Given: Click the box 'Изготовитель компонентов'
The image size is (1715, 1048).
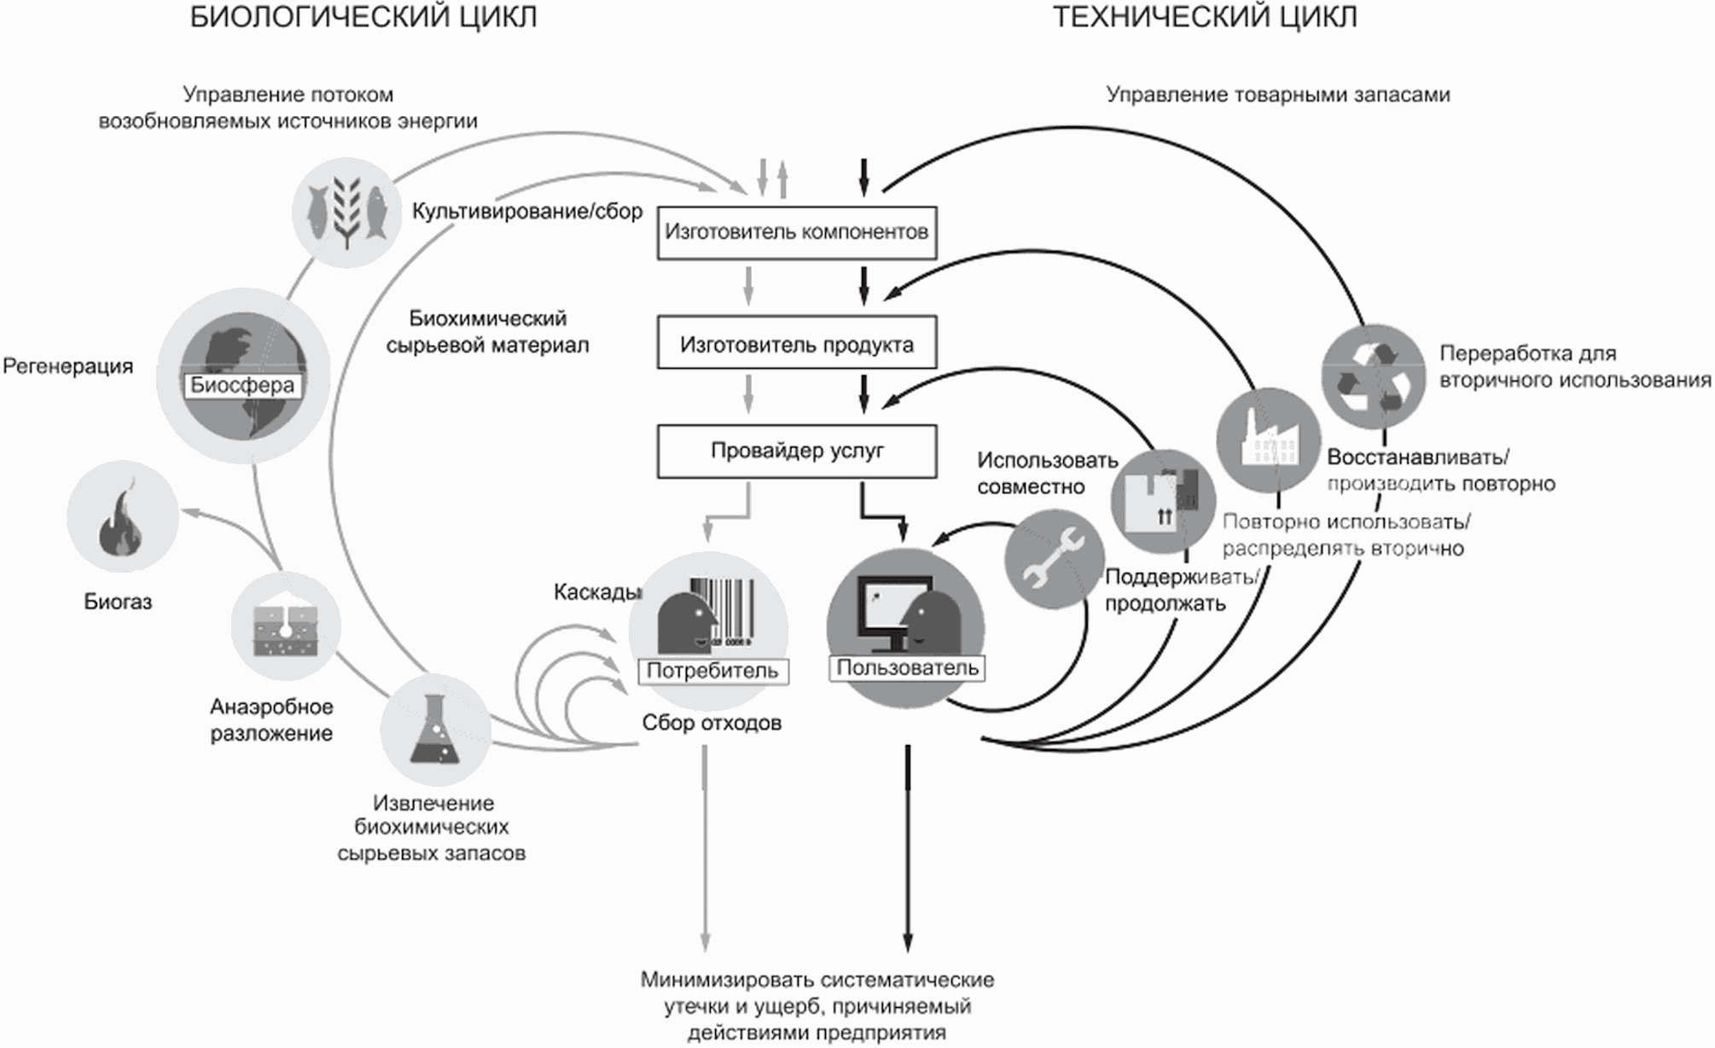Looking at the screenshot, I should coord(796,232).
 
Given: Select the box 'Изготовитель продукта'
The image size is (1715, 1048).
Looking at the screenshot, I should coord(796,344).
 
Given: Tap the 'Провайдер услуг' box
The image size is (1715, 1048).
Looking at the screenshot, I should coord(796,451).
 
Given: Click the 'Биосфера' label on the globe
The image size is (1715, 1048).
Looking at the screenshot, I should coord(242,385).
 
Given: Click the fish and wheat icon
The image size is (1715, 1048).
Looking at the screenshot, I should coord(346,213).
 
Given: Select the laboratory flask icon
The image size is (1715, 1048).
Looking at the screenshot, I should coord(435,730).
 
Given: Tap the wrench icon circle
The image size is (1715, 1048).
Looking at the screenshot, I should coord(1054,559).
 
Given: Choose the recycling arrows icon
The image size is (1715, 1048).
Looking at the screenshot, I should coord(1373,376).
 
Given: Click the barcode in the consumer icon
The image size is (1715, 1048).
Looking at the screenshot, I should coord(722,611).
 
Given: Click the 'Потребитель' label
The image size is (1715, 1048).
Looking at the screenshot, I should coord(712,671).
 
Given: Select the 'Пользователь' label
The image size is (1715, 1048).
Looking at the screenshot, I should coord(906,667).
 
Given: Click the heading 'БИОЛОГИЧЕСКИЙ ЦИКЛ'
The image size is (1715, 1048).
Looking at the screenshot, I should coord(363,17).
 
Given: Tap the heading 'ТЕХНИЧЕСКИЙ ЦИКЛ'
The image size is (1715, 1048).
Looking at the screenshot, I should coord(1204,17).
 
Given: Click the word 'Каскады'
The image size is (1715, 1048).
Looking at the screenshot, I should coord(596,591).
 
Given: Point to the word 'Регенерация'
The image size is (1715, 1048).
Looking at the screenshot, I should coord(68,366).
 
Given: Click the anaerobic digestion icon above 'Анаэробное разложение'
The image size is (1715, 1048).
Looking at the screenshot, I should coord(286,627).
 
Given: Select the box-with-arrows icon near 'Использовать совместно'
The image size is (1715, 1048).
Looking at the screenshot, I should coord(1163,501).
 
